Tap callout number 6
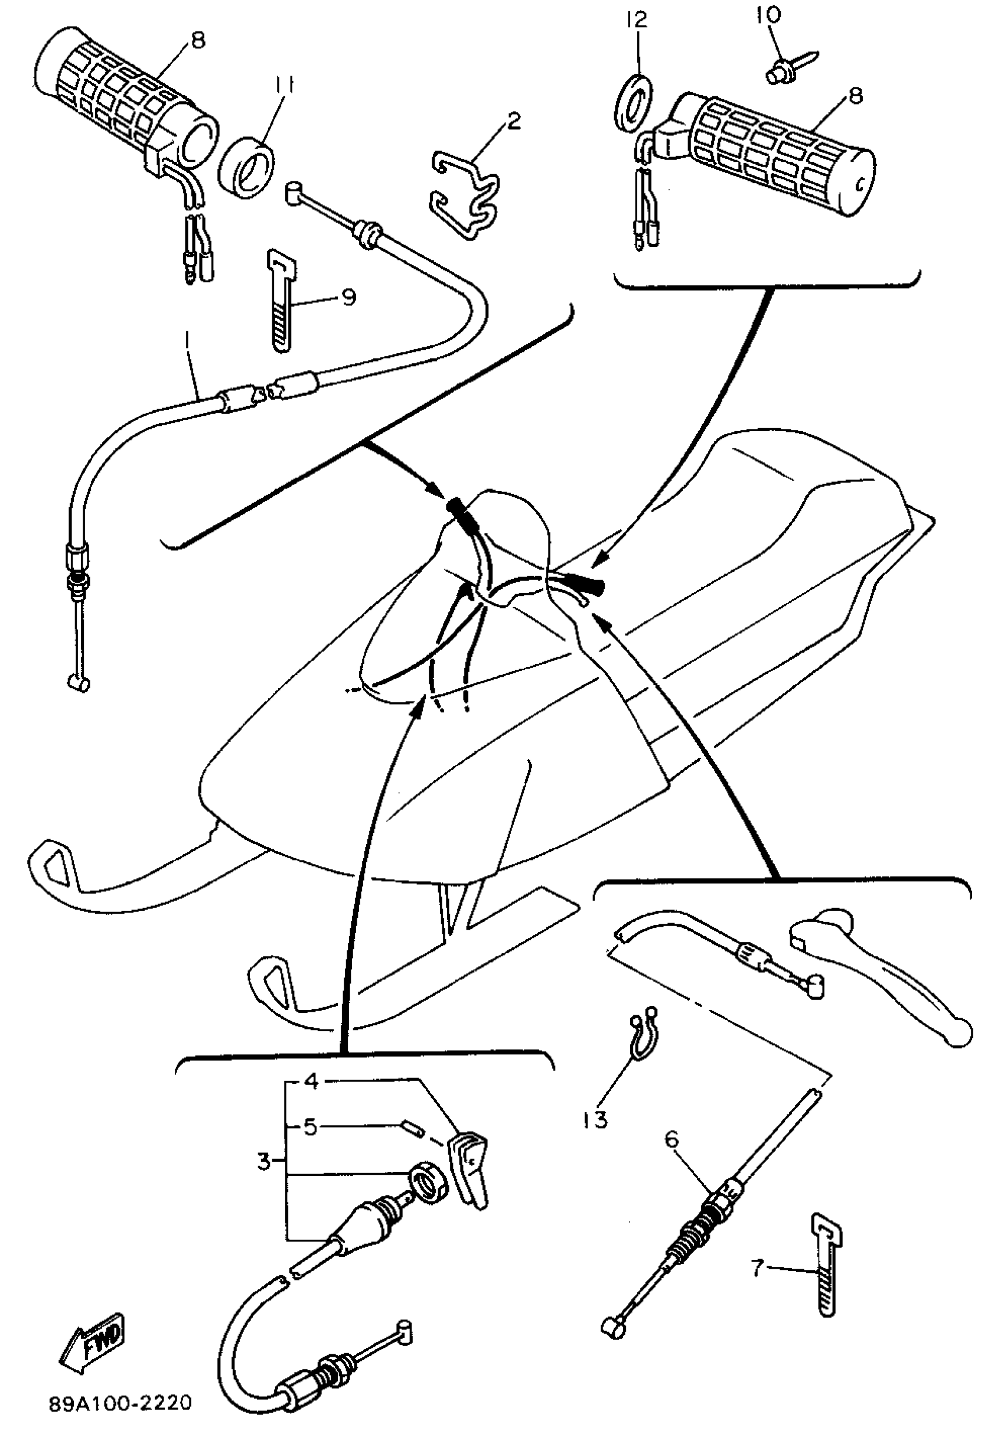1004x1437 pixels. pyautogui.click(x=671, y=1140)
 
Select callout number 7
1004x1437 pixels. pyautogui.click(x=757, y=1269)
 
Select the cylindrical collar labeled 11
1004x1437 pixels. pyautogui.click(x=247, y=167)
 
